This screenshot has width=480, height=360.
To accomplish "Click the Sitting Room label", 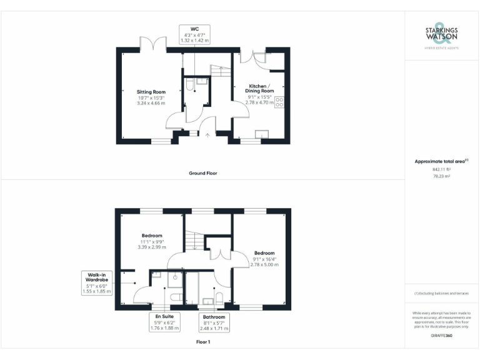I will [151, 92].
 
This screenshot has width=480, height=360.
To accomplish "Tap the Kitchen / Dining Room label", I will [259, 87].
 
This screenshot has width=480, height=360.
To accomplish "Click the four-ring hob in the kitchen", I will [279, 102].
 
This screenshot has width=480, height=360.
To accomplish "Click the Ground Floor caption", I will [203, 173].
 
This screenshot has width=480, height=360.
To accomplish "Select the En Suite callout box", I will [164, 322].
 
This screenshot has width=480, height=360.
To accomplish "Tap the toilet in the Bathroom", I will [219, 296].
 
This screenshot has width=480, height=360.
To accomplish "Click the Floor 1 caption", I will [203, 342].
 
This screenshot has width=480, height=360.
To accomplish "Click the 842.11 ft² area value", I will [441, 169].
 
